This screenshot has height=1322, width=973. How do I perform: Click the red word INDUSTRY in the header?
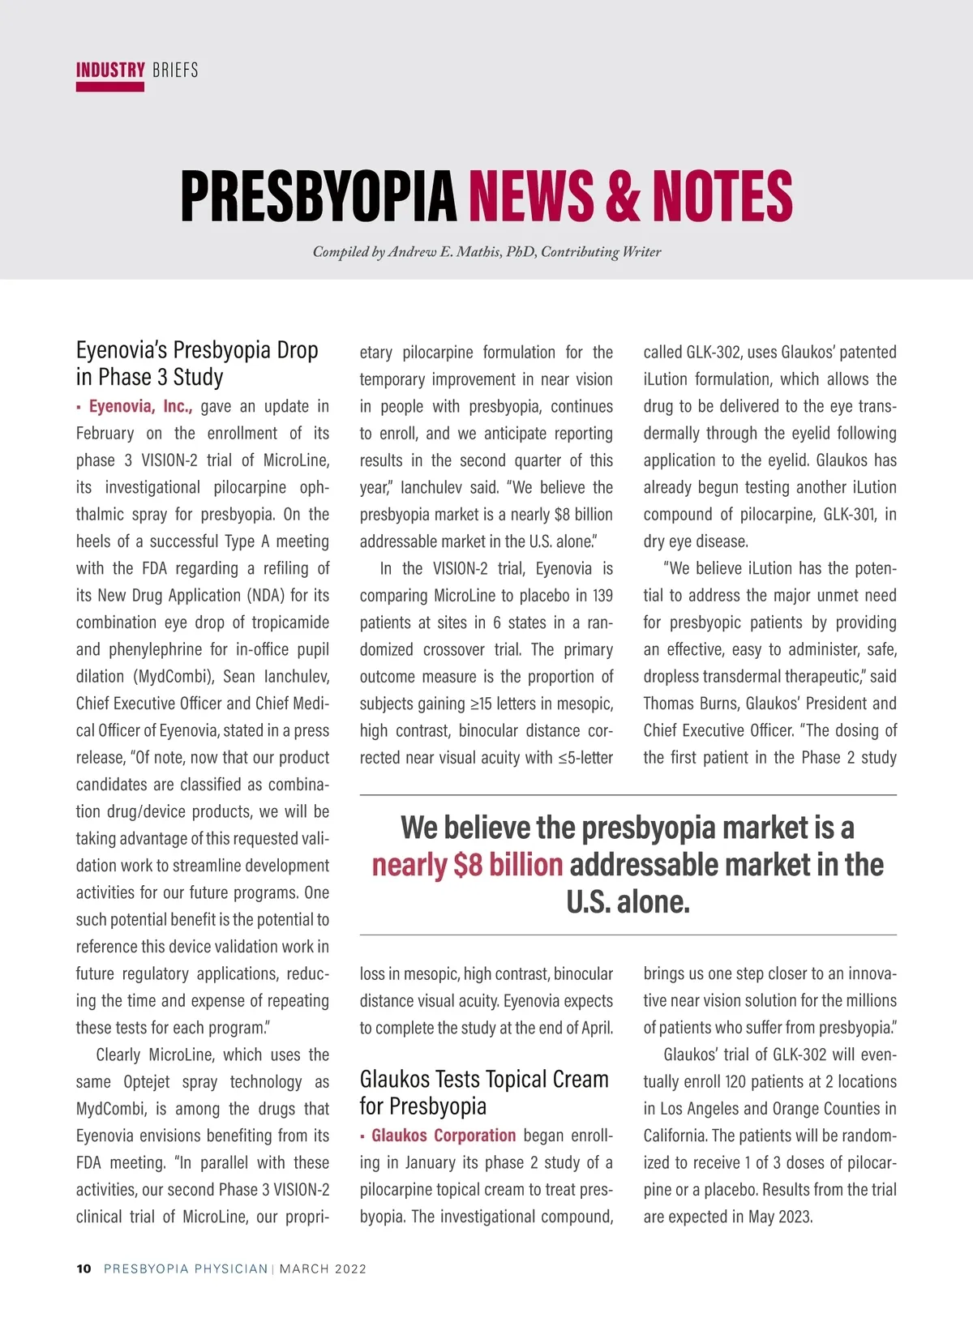click(x=110, y=71)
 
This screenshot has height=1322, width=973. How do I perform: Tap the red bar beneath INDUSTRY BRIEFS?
click(x=110, y=88)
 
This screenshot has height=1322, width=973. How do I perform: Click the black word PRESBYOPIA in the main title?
click(x=319, y=196)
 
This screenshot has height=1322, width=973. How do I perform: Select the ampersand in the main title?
click(x=622, y=196)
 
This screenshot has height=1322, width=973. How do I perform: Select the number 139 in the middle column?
click(x=602, y=596)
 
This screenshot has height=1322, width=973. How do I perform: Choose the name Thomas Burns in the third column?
click(x=690, y=704)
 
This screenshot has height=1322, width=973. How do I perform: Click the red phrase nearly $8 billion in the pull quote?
click(x=467, y=865)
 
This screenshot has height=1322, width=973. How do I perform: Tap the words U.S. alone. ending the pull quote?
click(x=628, y=902)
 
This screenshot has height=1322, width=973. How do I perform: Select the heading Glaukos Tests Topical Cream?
click(x=484, y=1080)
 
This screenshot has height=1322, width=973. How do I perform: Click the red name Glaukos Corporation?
click(x=444, y=1136)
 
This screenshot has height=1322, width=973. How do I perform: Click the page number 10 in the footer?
click(x=84, y=1269)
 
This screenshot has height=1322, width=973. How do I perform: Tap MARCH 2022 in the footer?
click(x=323, y=1269)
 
